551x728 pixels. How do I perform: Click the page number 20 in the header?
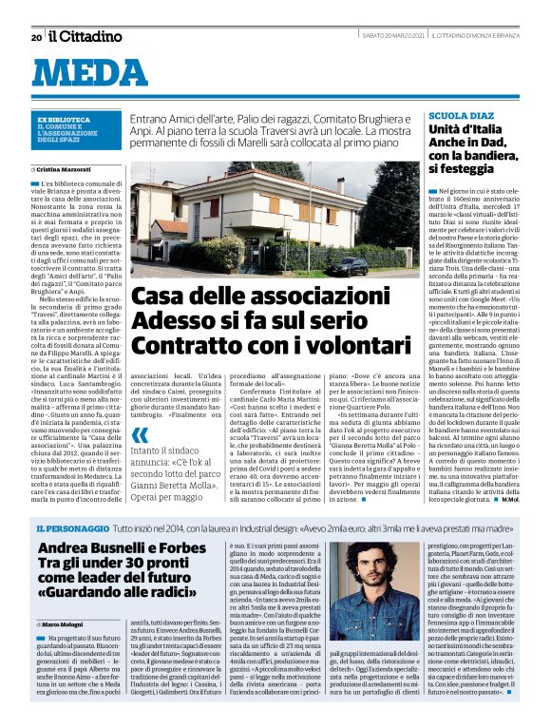point(35,37)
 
